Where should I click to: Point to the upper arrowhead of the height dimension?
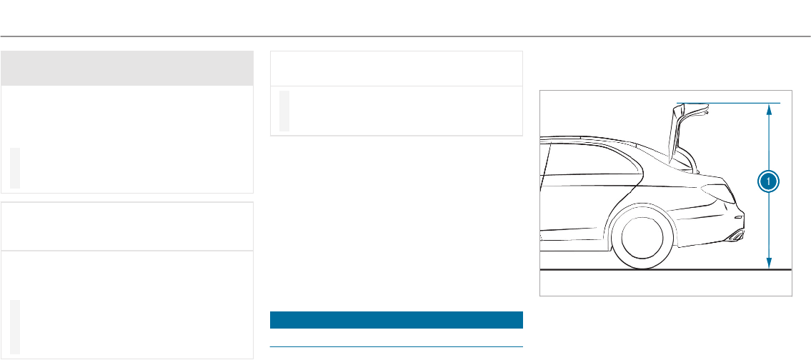coord(768,109)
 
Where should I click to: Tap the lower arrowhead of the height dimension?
coord(768,264)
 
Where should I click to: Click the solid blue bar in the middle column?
coord(397,319)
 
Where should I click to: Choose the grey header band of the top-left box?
coord(127,69)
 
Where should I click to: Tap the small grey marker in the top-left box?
coord(15,169)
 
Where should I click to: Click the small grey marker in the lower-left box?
coord(15,326)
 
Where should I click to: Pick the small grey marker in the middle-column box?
coord(284,111)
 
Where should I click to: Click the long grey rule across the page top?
coord(405,36)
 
